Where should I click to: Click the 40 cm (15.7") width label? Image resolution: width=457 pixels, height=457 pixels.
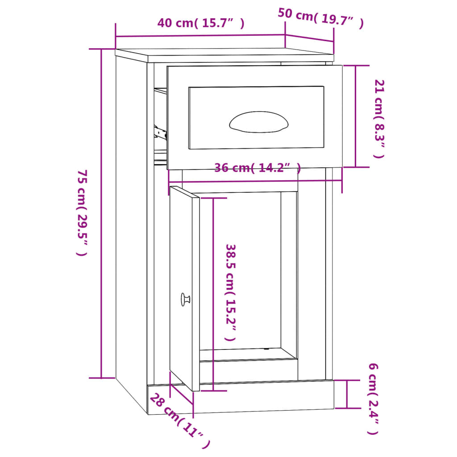(200, 23)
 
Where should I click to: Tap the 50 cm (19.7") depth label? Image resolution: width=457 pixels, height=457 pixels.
(320, 18)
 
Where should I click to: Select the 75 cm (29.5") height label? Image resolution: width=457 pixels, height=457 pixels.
(82, 213)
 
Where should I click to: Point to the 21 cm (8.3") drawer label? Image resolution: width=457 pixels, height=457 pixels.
(378, 118)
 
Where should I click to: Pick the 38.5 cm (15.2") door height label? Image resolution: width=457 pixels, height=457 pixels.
(230, 292)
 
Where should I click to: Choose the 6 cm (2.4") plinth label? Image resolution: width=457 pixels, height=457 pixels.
(373, 399)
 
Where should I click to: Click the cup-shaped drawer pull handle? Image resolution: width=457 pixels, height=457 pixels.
(259, 122)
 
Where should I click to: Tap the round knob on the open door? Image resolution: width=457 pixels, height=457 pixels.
(185, 299)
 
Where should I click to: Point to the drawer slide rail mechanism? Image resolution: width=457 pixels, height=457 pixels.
(160, 132)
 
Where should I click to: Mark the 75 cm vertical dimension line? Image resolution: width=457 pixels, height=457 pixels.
(102, 213)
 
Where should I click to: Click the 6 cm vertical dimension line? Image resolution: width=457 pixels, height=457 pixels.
(347, 394)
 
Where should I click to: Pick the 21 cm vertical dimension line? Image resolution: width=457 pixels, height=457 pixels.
(356, 116)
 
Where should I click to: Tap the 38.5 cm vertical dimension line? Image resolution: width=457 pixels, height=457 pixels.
(213, 295)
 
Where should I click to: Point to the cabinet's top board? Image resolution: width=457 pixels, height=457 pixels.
(223, 55)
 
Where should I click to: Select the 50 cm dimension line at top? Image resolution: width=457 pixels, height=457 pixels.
(309, 38)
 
